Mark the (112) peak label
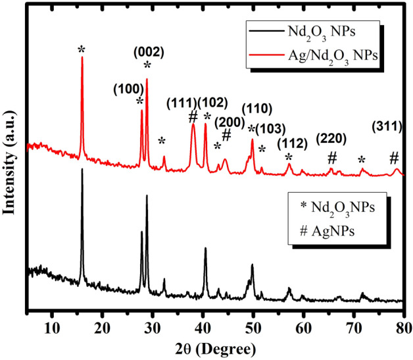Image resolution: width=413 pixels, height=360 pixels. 290,143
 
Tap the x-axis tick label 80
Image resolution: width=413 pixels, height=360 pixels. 404,324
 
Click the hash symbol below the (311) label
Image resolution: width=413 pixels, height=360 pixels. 394,158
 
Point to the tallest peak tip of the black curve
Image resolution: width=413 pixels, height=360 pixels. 82,169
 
